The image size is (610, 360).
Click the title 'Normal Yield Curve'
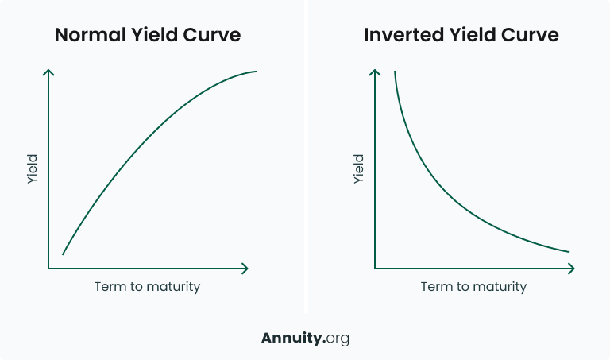(147, 36)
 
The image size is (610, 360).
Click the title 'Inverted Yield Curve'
(461, 36)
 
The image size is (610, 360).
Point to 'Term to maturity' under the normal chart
(147, 286)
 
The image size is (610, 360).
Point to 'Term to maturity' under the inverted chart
(473, 286)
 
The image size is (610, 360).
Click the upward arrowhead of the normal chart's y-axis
(49, 72)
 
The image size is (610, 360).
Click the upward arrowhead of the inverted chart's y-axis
(375, 72)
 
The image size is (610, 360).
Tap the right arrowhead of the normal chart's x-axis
(246, 269)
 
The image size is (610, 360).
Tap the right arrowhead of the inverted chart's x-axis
(573, 269)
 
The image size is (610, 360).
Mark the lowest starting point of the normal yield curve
(63, 254)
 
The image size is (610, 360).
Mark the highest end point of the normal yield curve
(256, 72)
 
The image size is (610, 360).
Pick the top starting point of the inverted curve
(394, 72)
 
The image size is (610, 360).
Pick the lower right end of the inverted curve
(569, 252)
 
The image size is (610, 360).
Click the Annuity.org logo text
(305, 338)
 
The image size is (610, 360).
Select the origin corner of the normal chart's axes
(49, 269)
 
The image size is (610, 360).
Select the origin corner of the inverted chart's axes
(375, 269)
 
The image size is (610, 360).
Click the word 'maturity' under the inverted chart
(498, 286)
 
